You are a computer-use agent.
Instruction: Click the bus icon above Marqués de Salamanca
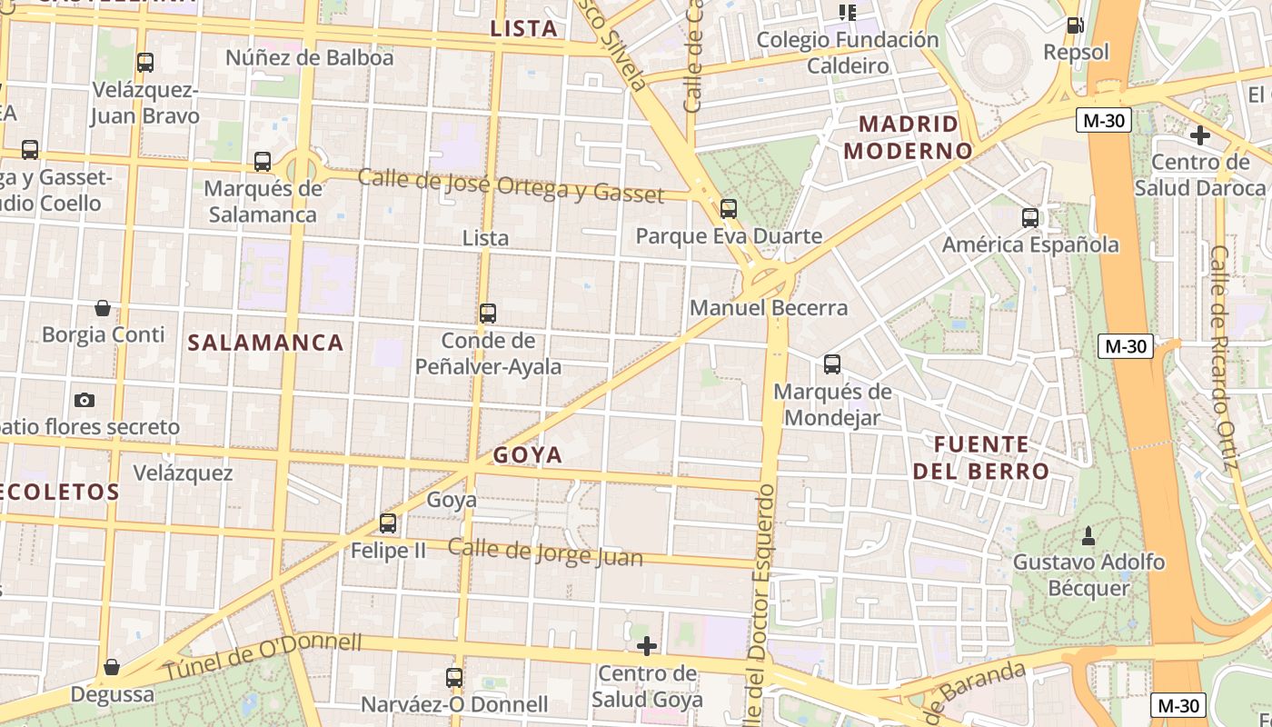[263, 162]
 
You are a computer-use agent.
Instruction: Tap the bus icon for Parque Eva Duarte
[729, 209]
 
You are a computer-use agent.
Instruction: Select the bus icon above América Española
[1029, 218]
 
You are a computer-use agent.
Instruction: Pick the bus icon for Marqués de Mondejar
[832, 364]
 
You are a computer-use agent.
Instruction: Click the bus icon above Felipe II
[388, 523]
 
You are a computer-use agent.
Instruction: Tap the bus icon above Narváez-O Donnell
[454, 677]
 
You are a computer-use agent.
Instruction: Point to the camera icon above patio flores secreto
[84, 400]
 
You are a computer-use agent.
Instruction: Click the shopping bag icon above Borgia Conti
[103, 308]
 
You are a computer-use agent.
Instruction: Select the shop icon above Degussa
[112, 668]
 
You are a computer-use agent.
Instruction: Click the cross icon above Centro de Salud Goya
[647, 646]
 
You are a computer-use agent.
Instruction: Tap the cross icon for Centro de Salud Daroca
[1199, 135]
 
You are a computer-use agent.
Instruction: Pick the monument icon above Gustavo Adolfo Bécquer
[1088, 535]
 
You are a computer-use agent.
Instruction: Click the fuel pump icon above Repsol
[1075, 25]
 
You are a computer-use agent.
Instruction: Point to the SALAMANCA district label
[265, 343]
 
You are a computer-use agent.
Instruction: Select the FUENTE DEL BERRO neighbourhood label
[981, 458]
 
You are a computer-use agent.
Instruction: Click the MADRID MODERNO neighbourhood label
[909, 136]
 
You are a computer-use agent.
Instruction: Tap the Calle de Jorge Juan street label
[545, 553]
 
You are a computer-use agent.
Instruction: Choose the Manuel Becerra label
[769, 308]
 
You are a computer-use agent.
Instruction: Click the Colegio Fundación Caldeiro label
[848, 53]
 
